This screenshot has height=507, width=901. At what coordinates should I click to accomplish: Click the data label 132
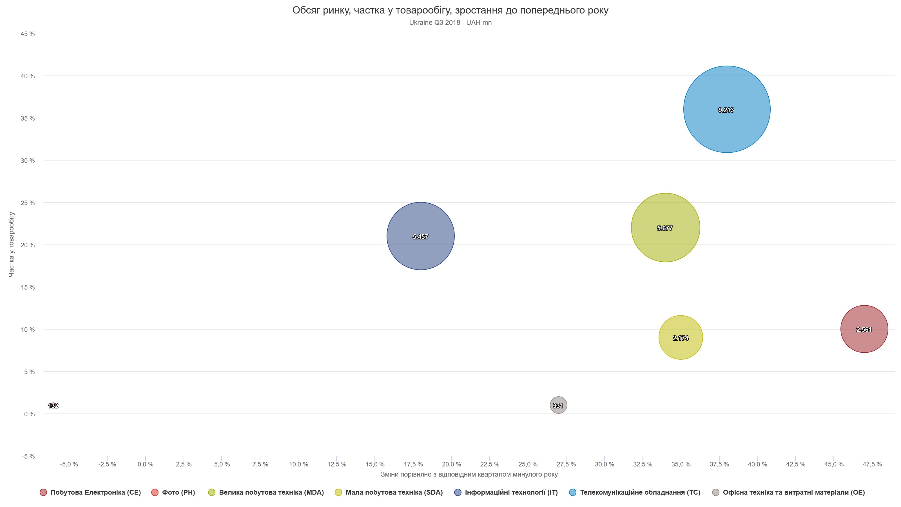tap(53, 406)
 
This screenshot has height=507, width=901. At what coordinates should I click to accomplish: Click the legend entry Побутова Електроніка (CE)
tap(95, 492)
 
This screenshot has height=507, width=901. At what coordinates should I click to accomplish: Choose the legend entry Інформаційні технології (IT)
tap(511, 492)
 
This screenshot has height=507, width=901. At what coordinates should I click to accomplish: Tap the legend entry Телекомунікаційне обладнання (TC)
tap(640, 492)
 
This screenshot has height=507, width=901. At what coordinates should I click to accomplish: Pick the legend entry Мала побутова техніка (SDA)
tap(394, 492)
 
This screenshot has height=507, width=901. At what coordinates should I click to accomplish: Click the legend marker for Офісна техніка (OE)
tap(716, 492)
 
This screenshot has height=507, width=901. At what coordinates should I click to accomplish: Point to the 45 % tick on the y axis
tap(28, 34)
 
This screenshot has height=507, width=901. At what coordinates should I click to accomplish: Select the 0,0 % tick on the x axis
tap(146, 464)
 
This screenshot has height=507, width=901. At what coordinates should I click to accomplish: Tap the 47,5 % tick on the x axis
tap(872, 464)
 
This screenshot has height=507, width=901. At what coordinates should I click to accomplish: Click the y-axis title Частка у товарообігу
tap(11, 244)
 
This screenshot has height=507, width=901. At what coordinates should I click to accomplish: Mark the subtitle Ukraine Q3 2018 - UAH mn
tap(450, 23)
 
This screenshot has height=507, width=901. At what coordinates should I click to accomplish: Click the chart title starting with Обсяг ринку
tap(450, 10)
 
